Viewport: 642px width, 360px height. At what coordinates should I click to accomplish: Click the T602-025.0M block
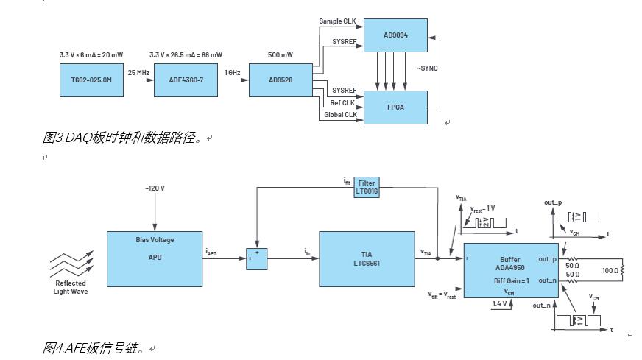(x=92, y=80)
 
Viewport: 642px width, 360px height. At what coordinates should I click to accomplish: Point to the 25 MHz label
(x=138, y=73)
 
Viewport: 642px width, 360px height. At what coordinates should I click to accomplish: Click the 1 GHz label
(x=233, y=73)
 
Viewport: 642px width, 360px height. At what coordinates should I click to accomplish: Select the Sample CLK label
(x=338, y=21)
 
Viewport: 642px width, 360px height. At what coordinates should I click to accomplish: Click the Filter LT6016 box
(x=366, y=186)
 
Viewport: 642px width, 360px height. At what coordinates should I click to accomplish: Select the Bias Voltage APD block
(x=155, y=258)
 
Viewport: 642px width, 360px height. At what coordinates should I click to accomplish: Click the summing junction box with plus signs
(x=256, y=259)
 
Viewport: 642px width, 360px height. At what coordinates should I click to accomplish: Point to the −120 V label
(x=155, y=188)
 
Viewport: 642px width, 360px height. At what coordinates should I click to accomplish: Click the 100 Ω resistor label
(x=610, y=270)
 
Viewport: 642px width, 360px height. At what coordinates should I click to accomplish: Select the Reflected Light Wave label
(x=71, y=287)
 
